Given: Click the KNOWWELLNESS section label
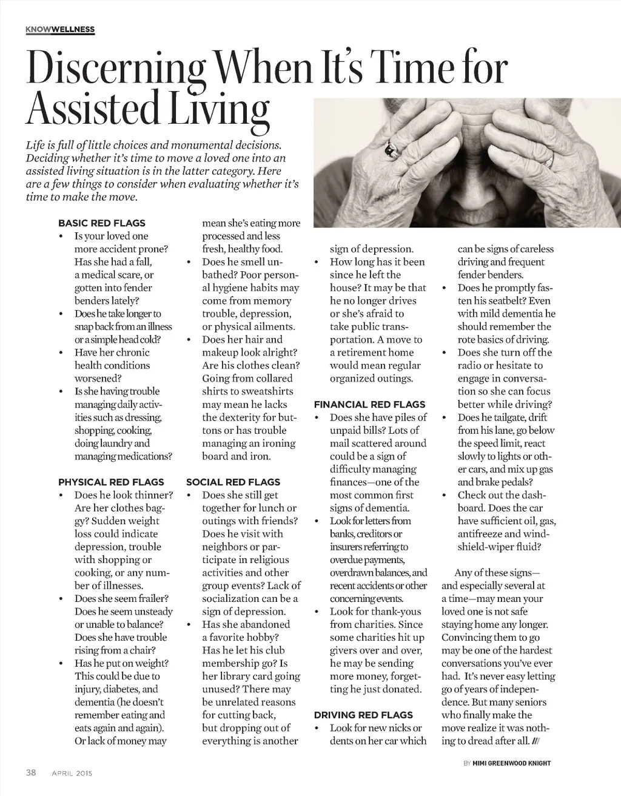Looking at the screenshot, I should [60, 30].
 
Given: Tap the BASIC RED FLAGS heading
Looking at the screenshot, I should [102, 223].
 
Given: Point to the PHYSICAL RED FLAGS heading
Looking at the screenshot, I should [111, 482].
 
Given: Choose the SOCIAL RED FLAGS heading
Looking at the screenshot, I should [233, 482].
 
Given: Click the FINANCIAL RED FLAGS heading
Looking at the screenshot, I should [369, 404].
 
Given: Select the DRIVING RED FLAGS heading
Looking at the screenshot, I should [363, 715].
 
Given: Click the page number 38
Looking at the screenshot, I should [31, 772].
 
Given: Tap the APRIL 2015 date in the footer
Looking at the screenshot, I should [72, 773].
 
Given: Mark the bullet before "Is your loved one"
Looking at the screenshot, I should [61, 237].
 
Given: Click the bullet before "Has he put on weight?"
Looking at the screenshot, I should [61, 664].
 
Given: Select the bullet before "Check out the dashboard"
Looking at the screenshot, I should [445, 496].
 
